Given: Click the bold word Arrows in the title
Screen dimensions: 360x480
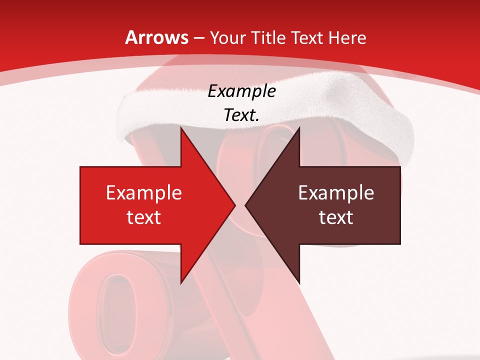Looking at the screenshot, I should point(157,37).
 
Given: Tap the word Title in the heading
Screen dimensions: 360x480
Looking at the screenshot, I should point(267,37).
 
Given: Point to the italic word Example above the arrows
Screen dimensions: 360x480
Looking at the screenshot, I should point(242,91).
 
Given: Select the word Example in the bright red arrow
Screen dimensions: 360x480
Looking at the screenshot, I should point(144,193).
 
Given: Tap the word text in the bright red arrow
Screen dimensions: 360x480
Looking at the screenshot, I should point(144,217).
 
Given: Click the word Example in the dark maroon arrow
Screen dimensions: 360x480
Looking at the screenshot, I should point(336,193).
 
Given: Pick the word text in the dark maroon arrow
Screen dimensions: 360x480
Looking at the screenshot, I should point(336,217).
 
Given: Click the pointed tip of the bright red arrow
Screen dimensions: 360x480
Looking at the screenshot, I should point(235,205).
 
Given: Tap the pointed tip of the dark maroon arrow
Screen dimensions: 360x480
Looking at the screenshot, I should point(245,205).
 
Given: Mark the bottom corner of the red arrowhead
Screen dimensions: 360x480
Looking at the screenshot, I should point(181,283).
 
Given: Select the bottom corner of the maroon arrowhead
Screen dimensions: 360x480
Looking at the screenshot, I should point(299,283).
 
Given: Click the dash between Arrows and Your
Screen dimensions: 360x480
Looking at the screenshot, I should point(198,38).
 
